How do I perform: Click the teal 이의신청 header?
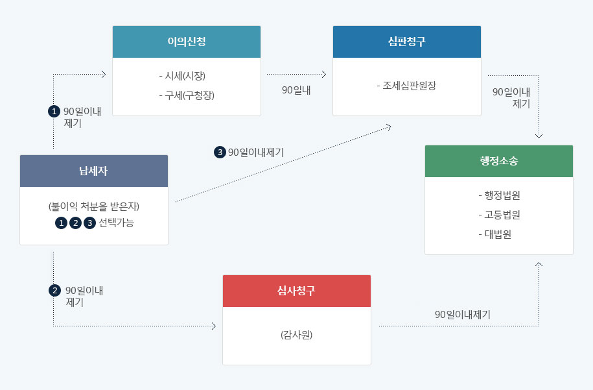pyautogui.click(x=187, y=42)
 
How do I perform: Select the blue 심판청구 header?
pyautogui.click(x=406, y=42)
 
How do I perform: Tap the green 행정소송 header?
pyautogui.click(x=498, y=162)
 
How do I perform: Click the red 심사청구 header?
pyautogui.click(x=296, y=291)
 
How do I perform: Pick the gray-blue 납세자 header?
pyautogui.click(x=94, y=171)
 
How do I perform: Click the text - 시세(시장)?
pyautogui.click(x=186, y=75)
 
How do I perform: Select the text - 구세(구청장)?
pyautogui.click(x=186, y=95)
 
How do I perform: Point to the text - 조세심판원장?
pyautogui.click(x=406, y=85)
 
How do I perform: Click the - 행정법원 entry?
pyautogui.click(x=498, y=195)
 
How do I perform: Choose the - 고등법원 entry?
pyautogui.click(x=498, y=215)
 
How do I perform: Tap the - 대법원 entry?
pyautogui.click(x=498, y=234)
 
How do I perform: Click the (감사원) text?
pyautogui.click(x=296, y=335)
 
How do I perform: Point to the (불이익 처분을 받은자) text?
pyautogui.click(x=94, y=206)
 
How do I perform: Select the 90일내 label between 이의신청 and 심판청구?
pyautogui.click(x=296, y=90)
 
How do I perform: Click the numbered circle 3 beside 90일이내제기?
pyautogui.click(x=220, y=152)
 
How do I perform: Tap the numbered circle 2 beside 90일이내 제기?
pyautogui.click(x=54, y=290)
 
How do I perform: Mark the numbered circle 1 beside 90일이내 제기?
pyautogui.click(x=54, y=111)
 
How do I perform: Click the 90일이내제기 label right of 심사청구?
pyautogui.click(x=463, y=314)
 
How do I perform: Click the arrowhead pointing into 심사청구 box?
pyautogui.click(x=213, y=326)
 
